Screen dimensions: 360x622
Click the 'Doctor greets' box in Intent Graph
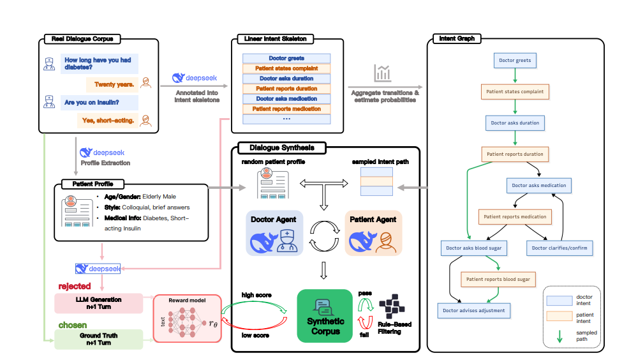pos(514,61)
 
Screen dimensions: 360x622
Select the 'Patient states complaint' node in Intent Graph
pos(515,92)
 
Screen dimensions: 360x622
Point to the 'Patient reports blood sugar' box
pos(498,279)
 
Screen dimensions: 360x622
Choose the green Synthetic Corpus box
pos(325,315)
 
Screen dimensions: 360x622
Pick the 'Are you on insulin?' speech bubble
pos(91,101)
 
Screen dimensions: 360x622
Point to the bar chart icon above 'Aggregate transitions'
pos(383,73)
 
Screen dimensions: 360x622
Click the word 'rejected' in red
pos(75,286)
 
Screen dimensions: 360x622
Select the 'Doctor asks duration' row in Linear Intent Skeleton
pos(286,79)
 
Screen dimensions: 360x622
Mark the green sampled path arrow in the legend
pos(559,336)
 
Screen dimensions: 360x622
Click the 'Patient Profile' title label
pos(87,184)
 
